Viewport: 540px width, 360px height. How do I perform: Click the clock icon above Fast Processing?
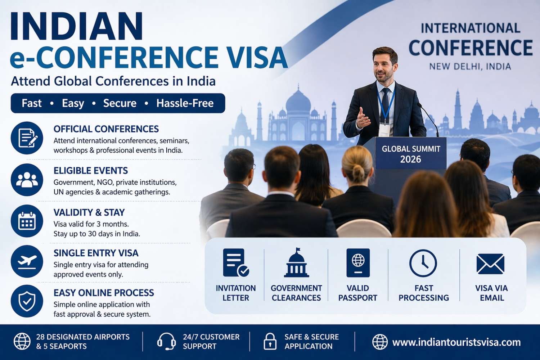pos(423,263)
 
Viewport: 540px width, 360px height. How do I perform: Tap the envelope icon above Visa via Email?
pos(490,264)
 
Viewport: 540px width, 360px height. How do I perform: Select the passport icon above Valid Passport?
pos(358,263)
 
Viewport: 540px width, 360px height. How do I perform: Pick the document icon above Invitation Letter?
pos(235,263)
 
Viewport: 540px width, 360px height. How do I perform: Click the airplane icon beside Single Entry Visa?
pos(27,261)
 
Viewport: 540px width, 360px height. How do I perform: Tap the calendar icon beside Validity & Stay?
pos(27,221)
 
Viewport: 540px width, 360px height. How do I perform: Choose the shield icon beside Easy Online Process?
pos(27,301)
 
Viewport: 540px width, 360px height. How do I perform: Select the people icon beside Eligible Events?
pos(27,180)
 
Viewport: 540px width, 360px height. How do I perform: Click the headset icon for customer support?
pos(166,341)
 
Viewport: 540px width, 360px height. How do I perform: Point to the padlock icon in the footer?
pos(270,341)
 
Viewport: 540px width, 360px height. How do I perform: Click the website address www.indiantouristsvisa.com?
pos(456,342)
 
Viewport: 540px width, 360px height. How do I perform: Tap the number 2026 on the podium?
pos(410,159)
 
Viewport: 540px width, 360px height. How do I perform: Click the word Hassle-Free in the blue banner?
pos(185,103)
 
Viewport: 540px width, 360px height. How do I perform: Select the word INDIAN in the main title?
pos(76,27)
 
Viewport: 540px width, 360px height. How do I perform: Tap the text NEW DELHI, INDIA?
pos(470,67)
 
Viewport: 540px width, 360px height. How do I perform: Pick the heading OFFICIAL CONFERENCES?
pos(106,129)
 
